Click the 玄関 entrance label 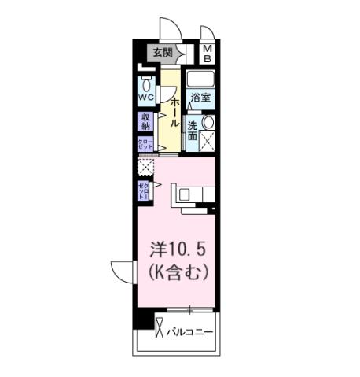[x=162, y=53]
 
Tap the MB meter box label [x=208, y=54]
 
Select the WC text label [x=145, y=97]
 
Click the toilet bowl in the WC [x=146, y=84]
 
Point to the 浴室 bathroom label [x=200, y=98]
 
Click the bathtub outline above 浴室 [x=200, y=80]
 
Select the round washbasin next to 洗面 [x=208, y=123]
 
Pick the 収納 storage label [x=146, y=121]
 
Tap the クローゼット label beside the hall [x=146, y=145]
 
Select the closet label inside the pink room [x=145, y=189]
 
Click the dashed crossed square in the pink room [x=145, y=166]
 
